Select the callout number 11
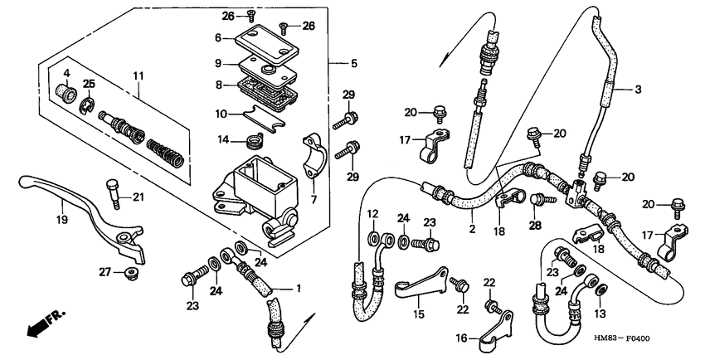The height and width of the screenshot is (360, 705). (139, 75)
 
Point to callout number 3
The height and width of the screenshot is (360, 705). (639, 90)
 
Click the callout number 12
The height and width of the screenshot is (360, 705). (373, 214)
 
